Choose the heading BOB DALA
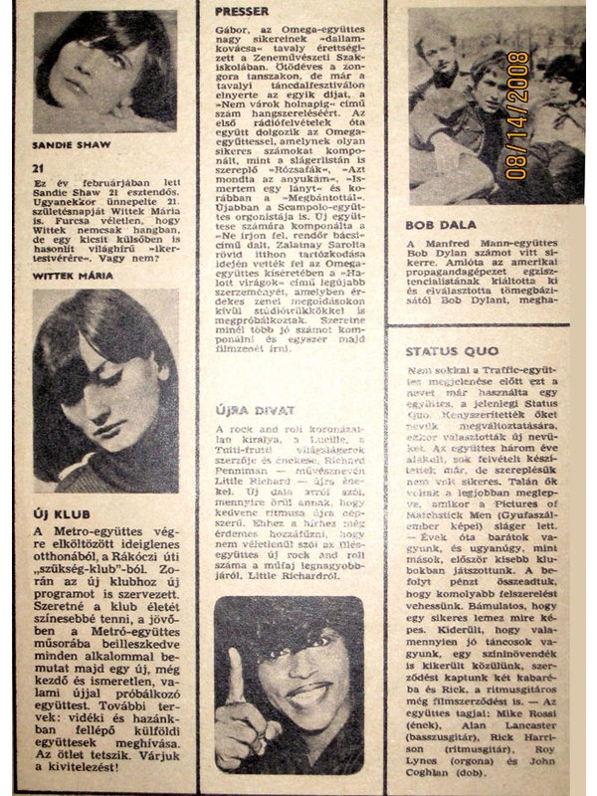click(x=435, y=225)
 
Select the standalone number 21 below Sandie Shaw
click(x=39, y=168)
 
